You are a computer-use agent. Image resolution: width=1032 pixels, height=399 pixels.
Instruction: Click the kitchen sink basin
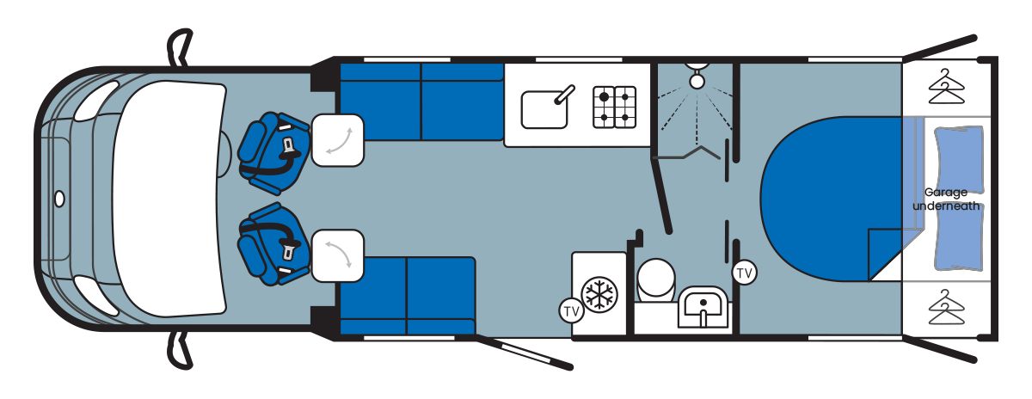tap(545, 110)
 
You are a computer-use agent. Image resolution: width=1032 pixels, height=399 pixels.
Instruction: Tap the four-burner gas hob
tap(614, 107)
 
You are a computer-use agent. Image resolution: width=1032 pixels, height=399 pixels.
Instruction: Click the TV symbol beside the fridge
tap(570, 310)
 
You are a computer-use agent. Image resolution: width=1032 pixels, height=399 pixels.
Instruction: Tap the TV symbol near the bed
tap(745, 273)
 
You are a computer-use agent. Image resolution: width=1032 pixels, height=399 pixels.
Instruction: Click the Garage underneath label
tap(946, 199)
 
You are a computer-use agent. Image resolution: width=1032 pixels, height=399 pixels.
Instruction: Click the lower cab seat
tap(272, 244)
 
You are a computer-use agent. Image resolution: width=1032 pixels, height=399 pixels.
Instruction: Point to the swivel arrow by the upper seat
tap(336, 139)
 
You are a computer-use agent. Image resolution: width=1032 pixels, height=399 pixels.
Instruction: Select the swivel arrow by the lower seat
tap(336, 255)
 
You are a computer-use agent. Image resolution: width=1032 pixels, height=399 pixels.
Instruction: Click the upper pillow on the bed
tap(956, 152)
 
